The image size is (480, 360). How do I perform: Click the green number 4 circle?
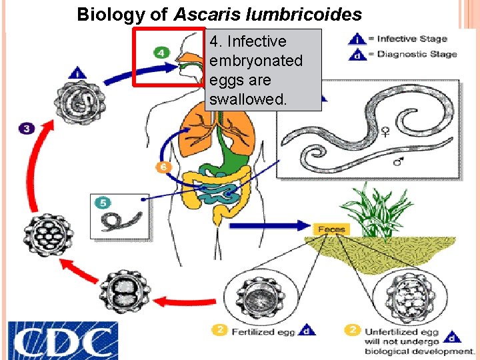tap(162, 52)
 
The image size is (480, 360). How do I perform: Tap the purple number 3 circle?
tap(27, 128)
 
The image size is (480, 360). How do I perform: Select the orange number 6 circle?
tap(161, 166)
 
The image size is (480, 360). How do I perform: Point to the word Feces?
tap(331, 229)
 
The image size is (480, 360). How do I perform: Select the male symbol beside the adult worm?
tap(398, 161)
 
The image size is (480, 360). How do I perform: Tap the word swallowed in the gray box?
tap(248, 99)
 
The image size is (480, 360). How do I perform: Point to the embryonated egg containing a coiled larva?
tap(77, 103)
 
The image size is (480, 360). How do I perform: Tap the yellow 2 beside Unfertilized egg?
tap(354, 329)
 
